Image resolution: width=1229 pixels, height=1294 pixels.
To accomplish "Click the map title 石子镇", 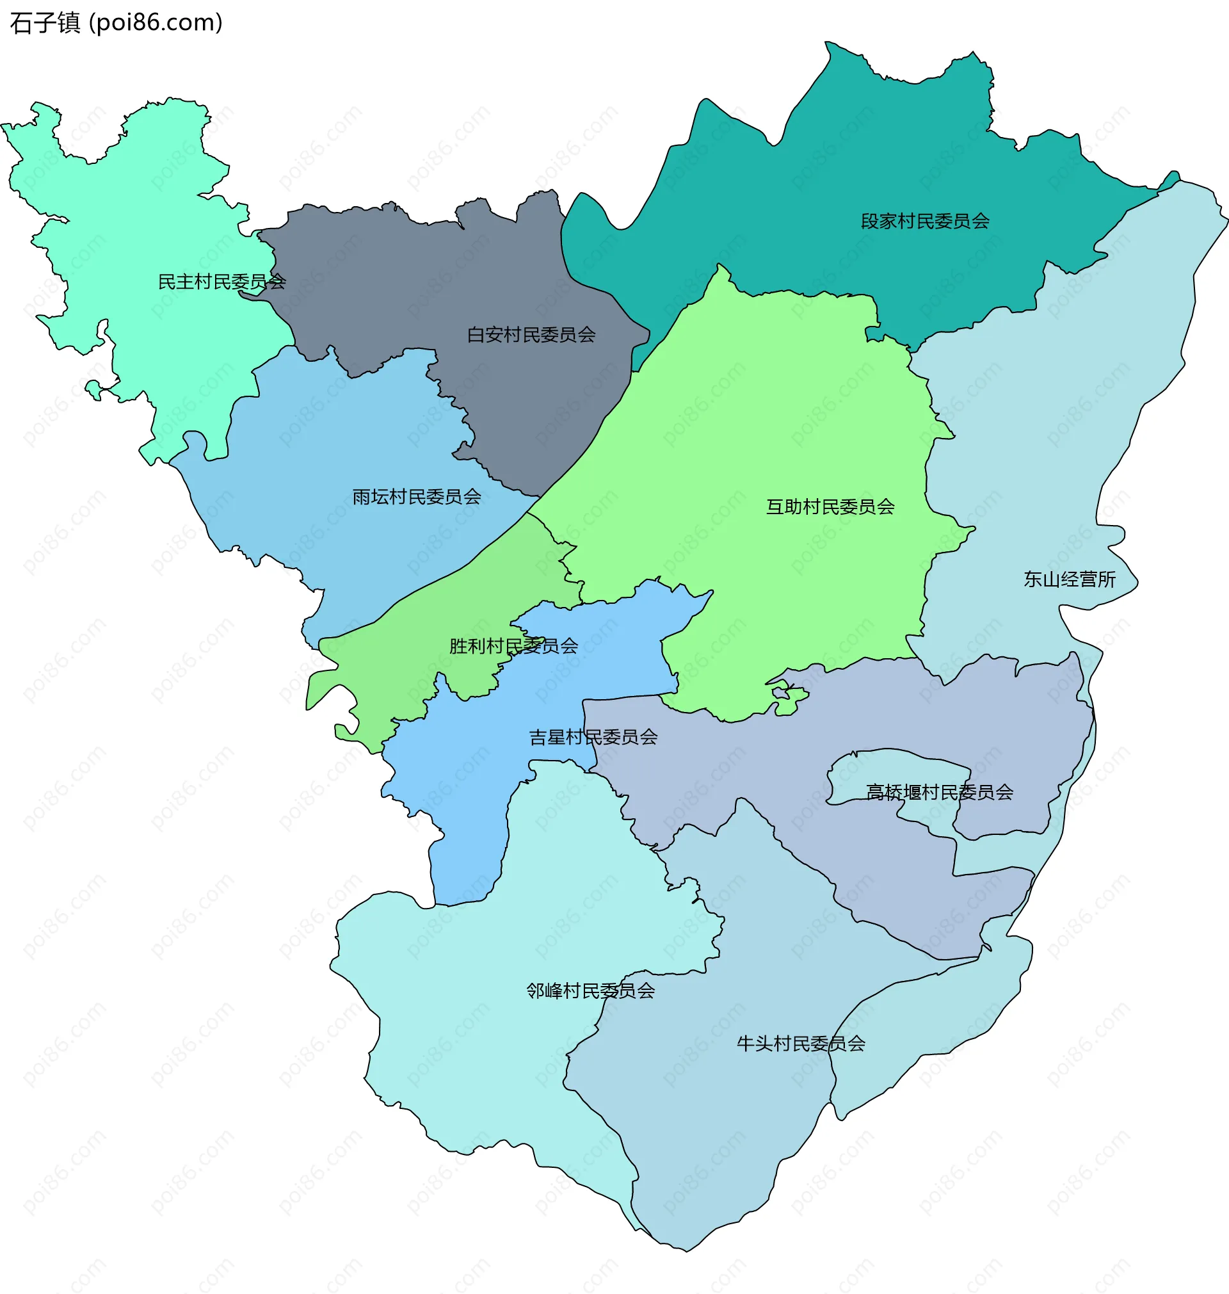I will coord(45,23).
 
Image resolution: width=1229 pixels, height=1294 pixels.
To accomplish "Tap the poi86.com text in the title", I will coord(156,23).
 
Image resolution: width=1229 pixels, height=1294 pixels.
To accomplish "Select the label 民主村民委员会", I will coord(221,282).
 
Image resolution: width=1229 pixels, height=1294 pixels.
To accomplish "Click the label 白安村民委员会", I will coord(531,335).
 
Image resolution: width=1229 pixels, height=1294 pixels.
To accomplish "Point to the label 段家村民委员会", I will coord(924,222).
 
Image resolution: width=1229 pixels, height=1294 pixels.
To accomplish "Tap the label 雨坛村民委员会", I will coord(417,497).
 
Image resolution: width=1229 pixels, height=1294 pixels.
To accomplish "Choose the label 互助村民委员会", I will coord(830,506).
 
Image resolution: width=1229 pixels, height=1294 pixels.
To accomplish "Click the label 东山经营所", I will coord(1069,579).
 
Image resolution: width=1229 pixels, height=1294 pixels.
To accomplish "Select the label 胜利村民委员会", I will coord(513,646).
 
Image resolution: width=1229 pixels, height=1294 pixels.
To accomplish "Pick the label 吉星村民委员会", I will coord(593,737).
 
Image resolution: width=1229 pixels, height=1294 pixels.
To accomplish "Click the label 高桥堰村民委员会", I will coord(940,792).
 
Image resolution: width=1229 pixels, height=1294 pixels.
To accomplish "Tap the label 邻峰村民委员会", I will coord(590,991).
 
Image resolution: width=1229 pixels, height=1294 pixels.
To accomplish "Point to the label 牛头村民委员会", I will coord(801,1043).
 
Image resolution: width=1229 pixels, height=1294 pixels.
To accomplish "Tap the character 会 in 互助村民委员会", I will coord(886,506).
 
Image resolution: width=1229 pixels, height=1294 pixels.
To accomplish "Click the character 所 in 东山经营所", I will coord(1107,579).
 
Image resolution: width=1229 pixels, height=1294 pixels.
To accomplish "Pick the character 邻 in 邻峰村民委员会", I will coord(535,991).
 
